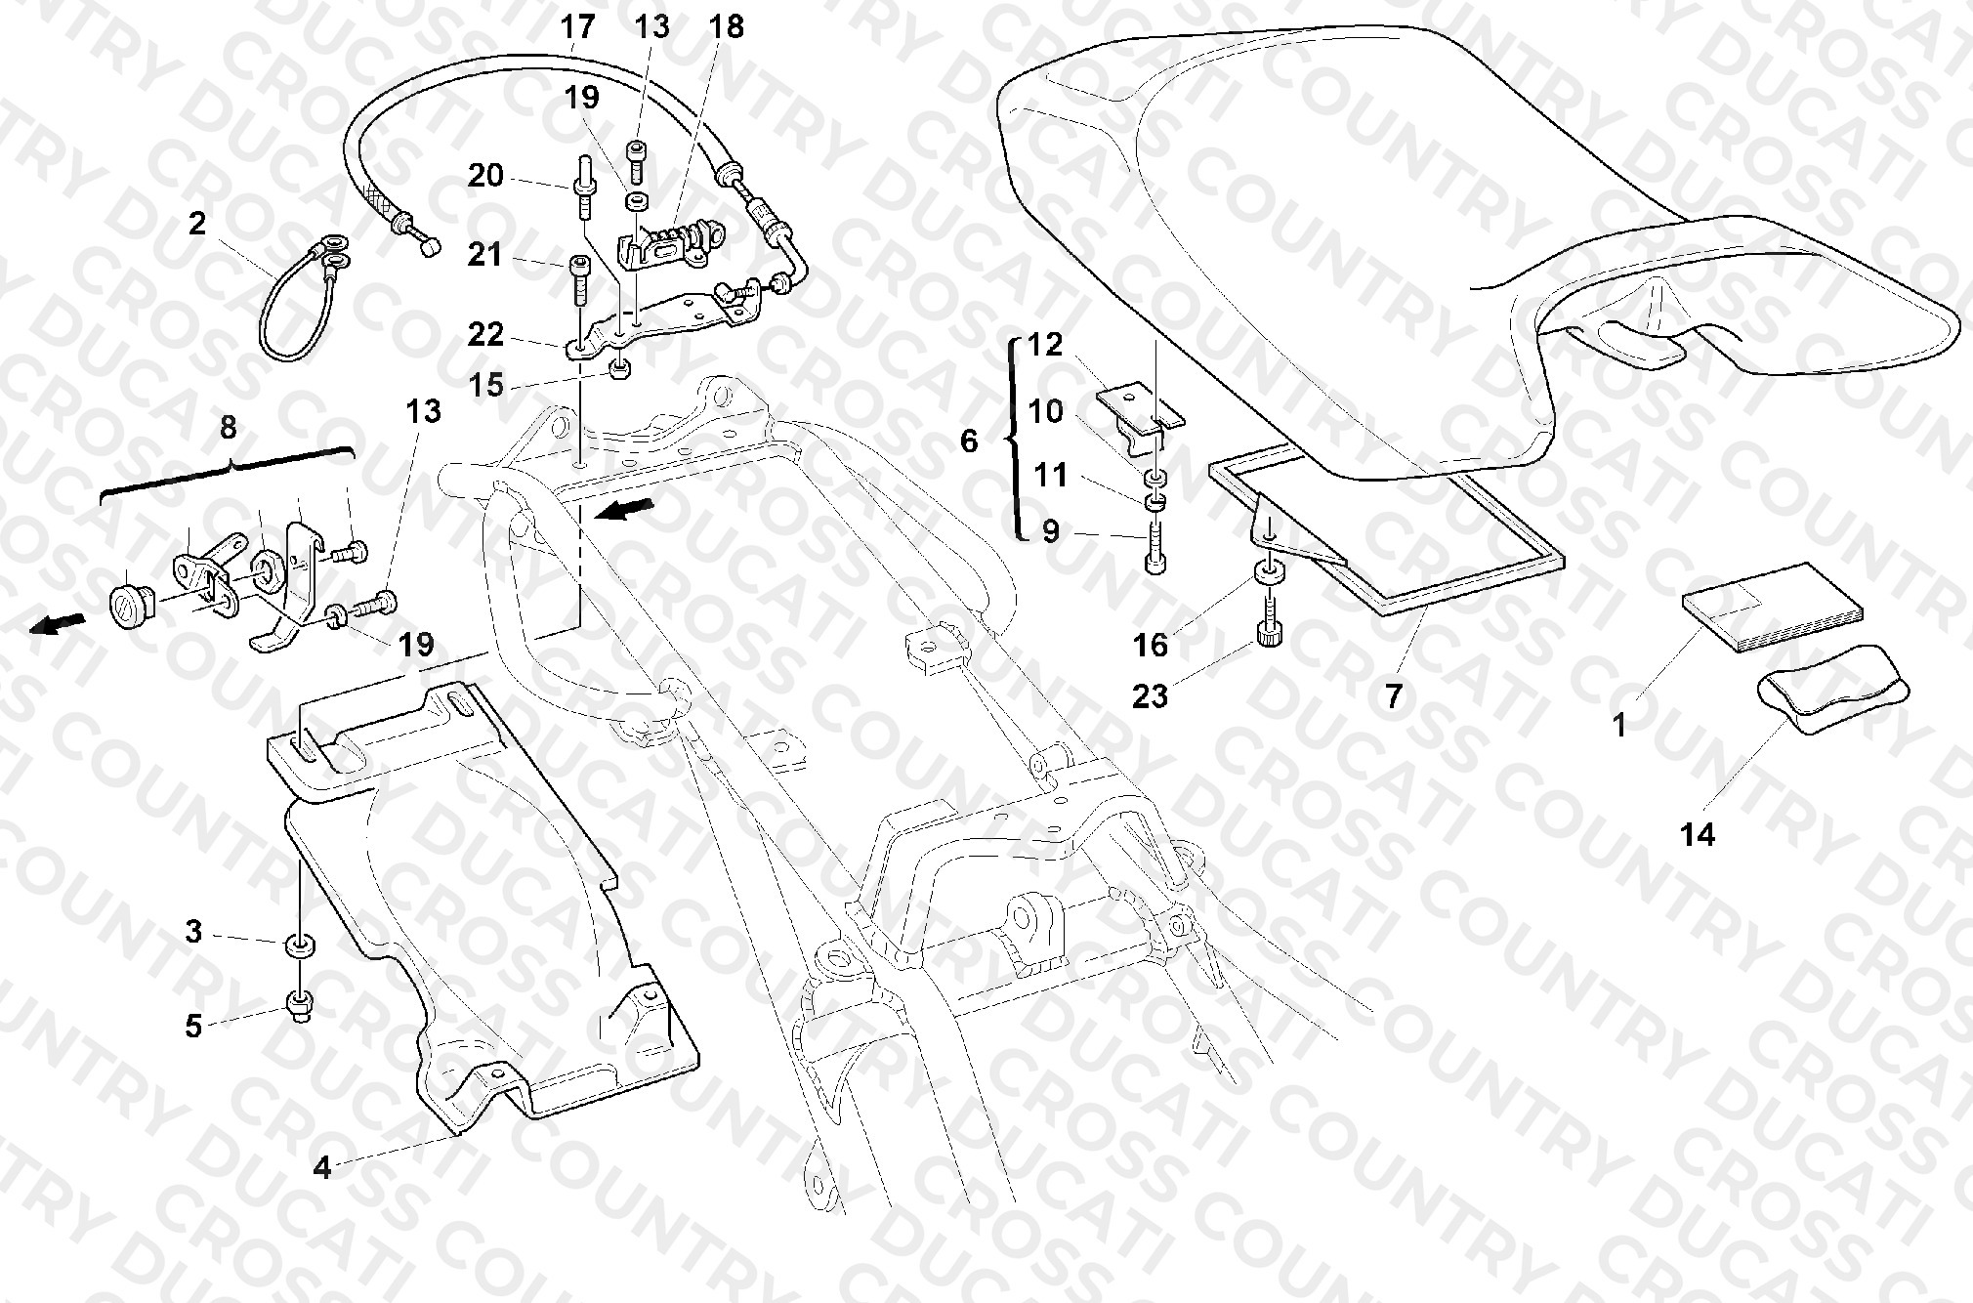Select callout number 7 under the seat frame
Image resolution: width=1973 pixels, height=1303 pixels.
pyautogui.click(x=1393, y=695)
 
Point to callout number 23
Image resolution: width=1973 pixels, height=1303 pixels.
pyautogui.click(x=1150, y=695)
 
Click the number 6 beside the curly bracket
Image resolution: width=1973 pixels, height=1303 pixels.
pyautogui.click(x=968, y=441)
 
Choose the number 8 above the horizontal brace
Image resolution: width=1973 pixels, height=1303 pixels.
pyautogui.click(x=228, y=427)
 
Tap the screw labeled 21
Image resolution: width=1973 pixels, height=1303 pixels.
pyautogui.click(x=579, y=280)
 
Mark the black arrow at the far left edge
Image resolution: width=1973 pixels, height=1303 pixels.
pyautogui.click(x=54, y=624)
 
